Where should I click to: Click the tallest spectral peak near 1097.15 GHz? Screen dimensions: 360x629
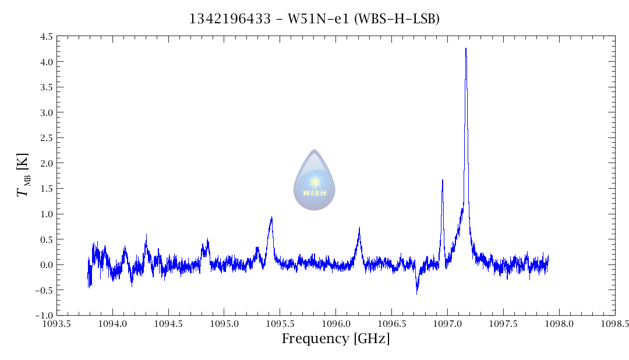coord(466,49)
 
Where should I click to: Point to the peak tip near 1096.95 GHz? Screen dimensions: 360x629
coord(443,180)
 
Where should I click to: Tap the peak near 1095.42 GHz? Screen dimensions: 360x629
coord(271,217)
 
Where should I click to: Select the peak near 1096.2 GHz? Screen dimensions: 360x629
coord(359,228)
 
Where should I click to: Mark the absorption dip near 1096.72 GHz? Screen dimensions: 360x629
coord(417,292)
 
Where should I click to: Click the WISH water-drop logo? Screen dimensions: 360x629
coord(314,180)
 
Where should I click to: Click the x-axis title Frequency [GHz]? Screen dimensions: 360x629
coord(335,338)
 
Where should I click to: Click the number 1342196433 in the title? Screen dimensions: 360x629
coord(229,19)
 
